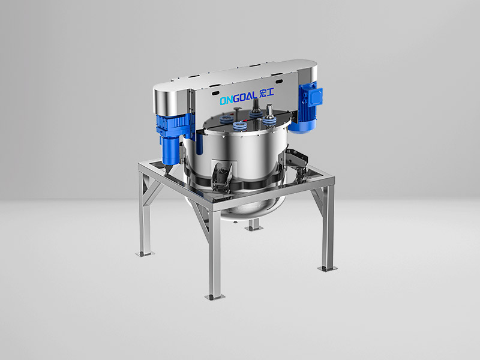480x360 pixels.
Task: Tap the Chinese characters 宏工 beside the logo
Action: pos(266,94)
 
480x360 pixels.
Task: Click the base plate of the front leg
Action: pos(215,296)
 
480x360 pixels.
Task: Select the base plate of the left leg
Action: pos(145,253)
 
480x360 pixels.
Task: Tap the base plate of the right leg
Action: pos(328,268)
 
